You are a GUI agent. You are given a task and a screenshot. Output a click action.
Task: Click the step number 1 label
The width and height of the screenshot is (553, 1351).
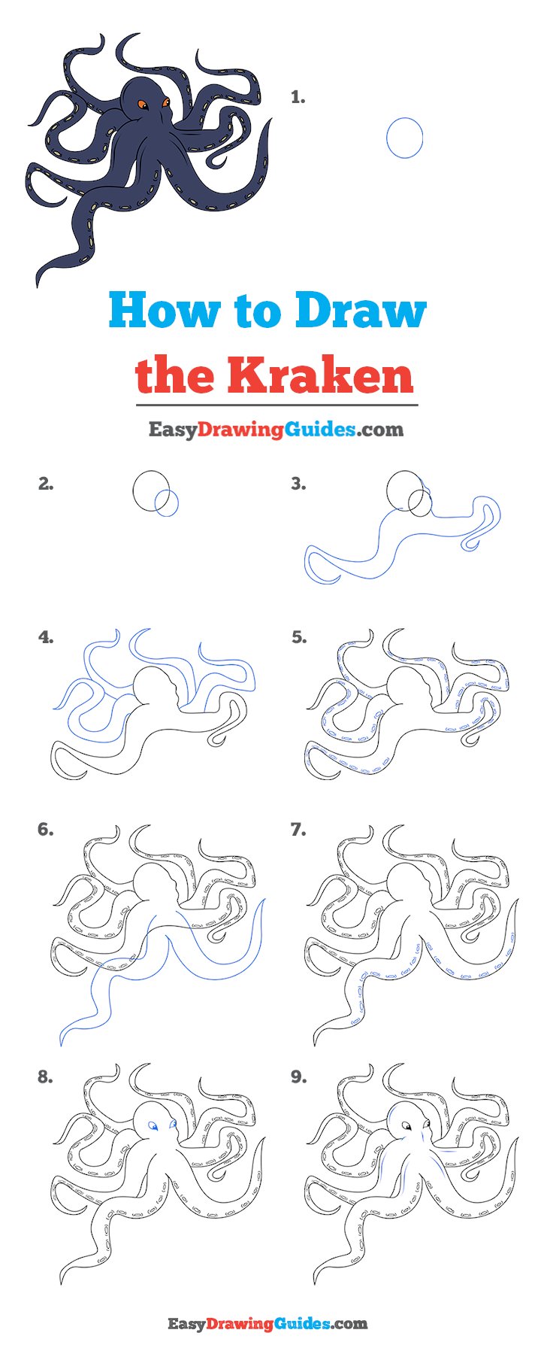pyautogui.click(x=298, y=97)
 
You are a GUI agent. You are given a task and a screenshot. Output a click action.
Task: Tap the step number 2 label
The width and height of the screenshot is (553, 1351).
pyautogui.click(x=46, y=484)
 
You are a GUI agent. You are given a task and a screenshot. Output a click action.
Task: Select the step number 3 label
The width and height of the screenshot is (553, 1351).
pyautogui.click(x=298, y=484)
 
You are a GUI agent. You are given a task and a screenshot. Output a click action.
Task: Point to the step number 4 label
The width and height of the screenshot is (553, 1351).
pyautogui.click(x=46, y=638)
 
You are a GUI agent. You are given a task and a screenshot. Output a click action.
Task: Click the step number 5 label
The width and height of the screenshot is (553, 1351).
pyautogui.click(x=298, y=638)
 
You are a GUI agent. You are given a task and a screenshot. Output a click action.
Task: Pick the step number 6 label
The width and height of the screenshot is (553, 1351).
pyautogui.click(x=46, y=830)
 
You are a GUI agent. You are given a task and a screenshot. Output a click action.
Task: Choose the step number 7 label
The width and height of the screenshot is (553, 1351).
pyautogui.click(x=298, y=830)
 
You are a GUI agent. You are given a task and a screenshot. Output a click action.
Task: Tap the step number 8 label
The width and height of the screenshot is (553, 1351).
pyautogui.click(x=46, y=1077)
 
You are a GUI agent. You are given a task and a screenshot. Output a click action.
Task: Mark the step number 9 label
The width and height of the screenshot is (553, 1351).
pyautogui.click(x=298, y=1077)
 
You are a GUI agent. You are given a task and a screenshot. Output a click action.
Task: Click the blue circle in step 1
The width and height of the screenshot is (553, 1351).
pyautogui.click(x=387, y=138)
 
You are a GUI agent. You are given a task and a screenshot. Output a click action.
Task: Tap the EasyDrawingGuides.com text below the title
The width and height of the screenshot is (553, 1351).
pyautogui.click(x=276, y=430)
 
